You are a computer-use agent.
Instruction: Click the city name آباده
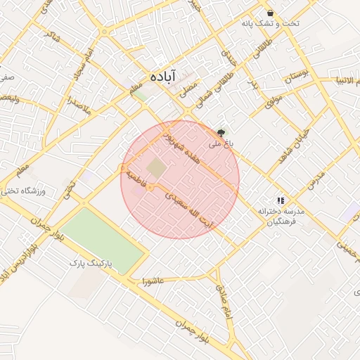[x=163, y=75]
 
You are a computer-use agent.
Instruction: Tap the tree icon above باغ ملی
[x=221, y=131]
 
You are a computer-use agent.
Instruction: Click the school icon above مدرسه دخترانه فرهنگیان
[x=281, y=200]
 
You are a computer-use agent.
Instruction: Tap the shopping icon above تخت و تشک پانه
[x=270, y=13]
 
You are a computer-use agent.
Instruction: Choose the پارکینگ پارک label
[x=91, y=264]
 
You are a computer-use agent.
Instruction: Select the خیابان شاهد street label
[x=292, y=146]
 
